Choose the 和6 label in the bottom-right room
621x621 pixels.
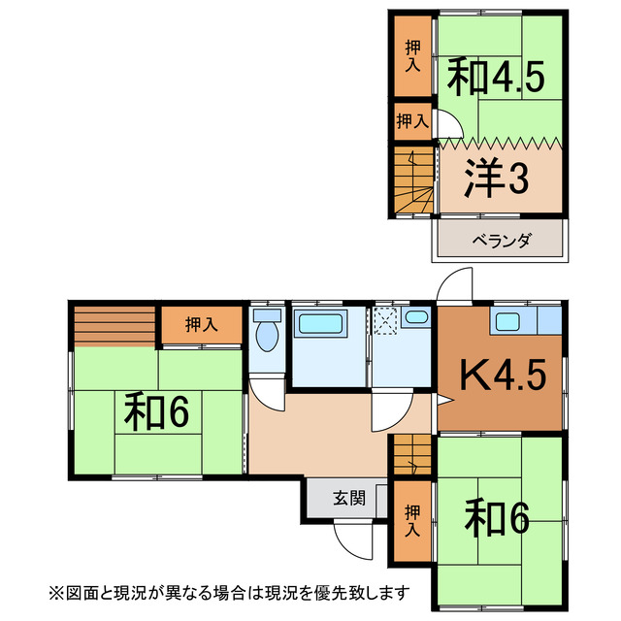[x=496, y=516]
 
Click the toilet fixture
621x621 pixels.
[x=266, y=336]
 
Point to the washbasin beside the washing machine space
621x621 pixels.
[x=417, y=317]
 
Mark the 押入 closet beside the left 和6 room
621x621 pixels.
[x=201, y=325]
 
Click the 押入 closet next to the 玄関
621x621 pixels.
[x=413, y=522]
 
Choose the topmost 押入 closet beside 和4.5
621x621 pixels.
[x=412, y=55]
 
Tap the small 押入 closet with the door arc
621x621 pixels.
[x=412, y=121]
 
